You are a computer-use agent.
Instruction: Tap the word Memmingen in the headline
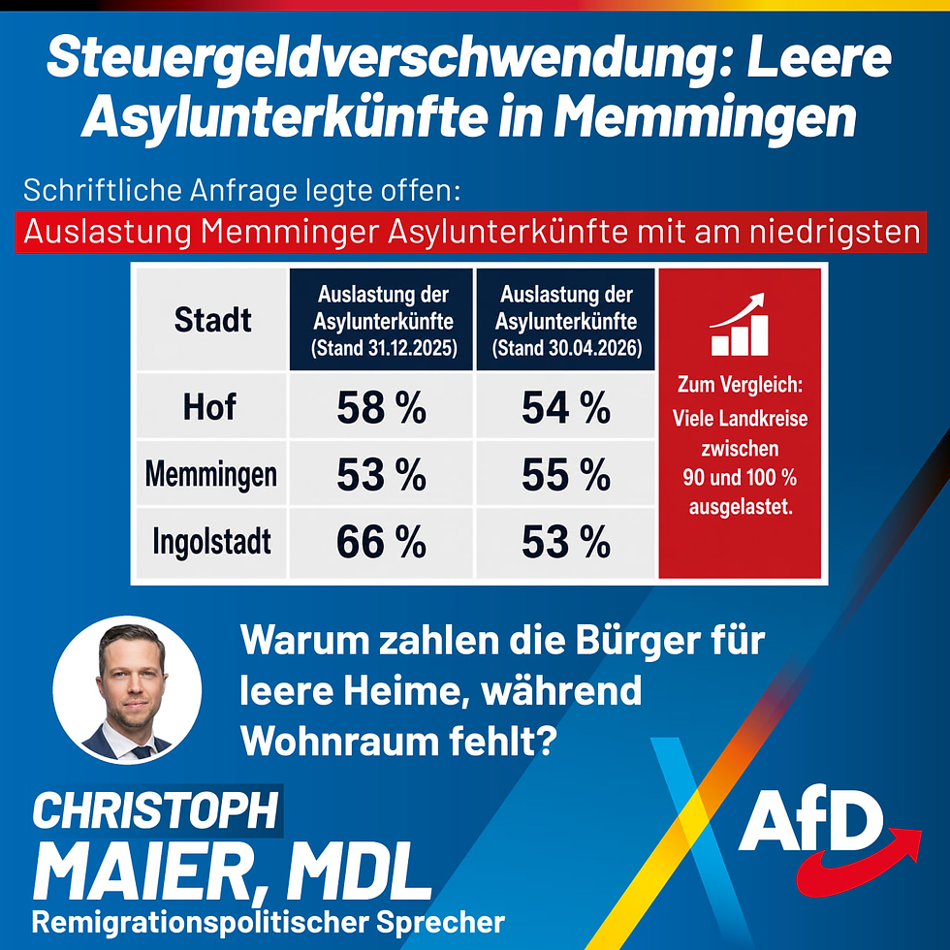click(x=706, y=116)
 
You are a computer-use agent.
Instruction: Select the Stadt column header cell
click(x=212, y=320)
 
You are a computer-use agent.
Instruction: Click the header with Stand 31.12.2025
click(x=382, y=320)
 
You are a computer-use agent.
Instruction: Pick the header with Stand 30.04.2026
click(x=566, y=320)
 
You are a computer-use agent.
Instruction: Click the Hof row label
click(x=209, y=406)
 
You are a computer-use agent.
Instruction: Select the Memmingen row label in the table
click(x=211, y=474)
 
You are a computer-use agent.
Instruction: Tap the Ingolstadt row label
click(x=212, y=542)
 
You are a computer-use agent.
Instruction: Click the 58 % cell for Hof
click(x=382, y=406)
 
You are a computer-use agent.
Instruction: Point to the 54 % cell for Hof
click(x=566, y=406)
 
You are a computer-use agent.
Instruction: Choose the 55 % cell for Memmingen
click(x=566, y=474)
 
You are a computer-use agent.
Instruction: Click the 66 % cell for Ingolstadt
click(x=382, y=542)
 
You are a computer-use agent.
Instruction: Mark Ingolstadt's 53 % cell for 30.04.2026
click(x=566, y=542)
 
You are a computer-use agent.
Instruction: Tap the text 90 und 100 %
click(x=740, y=477)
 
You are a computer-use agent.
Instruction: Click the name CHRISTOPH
click(x=155, y=810)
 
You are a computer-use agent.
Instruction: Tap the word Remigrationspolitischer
click(x=200, y=922)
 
